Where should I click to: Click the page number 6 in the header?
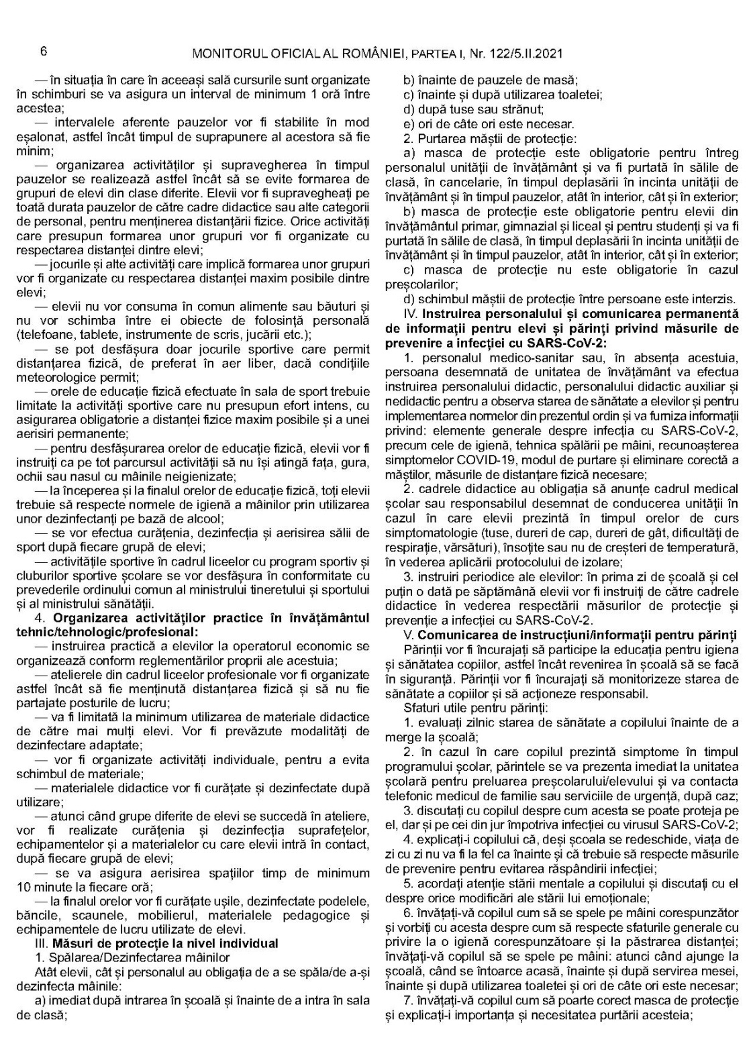point(42,52)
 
